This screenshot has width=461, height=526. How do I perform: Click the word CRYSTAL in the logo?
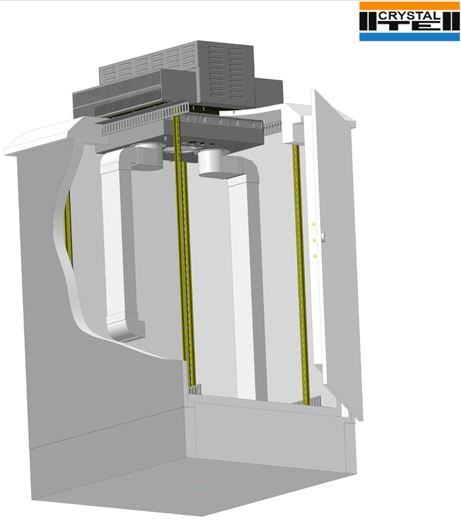[x=410, y=15]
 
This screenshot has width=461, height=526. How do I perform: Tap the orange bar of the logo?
[x=410, y=6]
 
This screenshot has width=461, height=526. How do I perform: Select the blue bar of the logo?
[x=410, y=37]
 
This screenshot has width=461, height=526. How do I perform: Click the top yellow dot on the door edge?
[x=314, y=224]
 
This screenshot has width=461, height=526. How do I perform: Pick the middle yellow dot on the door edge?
[x=314, y=240]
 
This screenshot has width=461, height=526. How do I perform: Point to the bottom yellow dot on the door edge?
[x=315, y=256]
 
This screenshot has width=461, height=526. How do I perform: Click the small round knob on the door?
[x=323, y=237]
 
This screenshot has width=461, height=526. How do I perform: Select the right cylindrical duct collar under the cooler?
[x=213, y=163]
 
